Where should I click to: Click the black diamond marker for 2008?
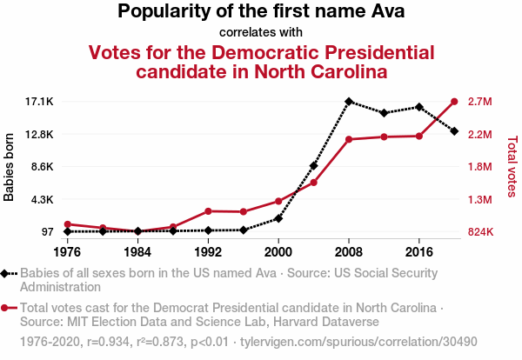(349, 102)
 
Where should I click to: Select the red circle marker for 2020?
(454, 102)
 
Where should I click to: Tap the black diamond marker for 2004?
(313, 165)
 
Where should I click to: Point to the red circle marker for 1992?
(208, 211)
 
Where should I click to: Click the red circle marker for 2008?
(349, 139)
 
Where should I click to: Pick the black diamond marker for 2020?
(454, 131)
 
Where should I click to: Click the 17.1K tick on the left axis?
(40, 102)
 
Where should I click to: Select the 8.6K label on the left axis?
(42, 167)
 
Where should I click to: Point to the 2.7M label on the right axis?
(480, 102)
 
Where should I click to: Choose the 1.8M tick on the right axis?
(480, 167)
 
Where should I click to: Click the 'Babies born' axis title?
(10, 167)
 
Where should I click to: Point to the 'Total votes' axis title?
(512, 165)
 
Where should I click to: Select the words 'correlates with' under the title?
(261, 32)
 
